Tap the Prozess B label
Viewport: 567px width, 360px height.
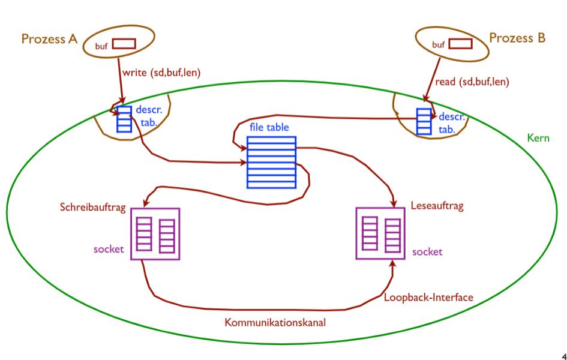tap(517, 38)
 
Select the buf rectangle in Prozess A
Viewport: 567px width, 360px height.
tap(124, 43)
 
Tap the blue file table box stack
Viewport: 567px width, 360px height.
tap(271, 162)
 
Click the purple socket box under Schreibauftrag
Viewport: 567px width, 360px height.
tap(155, 233)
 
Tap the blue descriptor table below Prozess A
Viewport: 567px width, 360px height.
tap(124, 119)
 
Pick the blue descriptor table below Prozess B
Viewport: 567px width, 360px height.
tap(424, 121)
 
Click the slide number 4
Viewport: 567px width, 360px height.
tap(562, 355)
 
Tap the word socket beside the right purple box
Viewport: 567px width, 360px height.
tap(427, 252)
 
